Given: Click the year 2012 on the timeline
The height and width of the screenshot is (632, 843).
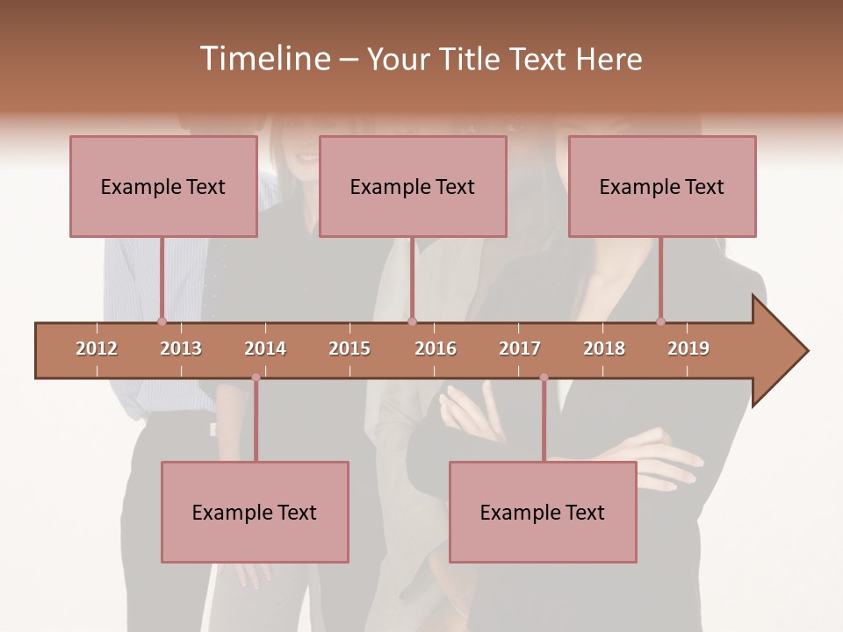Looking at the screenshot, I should (97, 348).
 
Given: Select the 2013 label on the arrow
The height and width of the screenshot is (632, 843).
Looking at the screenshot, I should (181, 348).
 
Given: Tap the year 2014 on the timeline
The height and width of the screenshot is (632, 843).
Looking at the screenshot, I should (265, 348).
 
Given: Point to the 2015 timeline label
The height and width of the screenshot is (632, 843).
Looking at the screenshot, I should (349, 348).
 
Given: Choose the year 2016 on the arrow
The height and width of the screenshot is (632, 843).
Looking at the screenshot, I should (436, 348).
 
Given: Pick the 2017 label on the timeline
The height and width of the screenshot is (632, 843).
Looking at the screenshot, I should (520, 348).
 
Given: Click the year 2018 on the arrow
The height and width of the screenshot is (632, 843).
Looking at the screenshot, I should (604, 348).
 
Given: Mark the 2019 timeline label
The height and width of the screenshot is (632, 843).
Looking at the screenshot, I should (688, 348).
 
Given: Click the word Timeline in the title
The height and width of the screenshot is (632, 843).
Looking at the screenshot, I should (263, 59).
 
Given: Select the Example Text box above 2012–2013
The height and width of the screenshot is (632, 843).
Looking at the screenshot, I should (163, 186).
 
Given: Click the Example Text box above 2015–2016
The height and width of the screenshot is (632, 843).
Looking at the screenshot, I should (413, 186).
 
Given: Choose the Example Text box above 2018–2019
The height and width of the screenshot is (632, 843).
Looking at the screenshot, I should (662, 186).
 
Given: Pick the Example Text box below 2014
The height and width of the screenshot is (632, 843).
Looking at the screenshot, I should (255, 512).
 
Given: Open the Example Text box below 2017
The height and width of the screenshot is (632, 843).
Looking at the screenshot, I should (543, 512).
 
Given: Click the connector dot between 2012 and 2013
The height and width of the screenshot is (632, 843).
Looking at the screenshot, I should (162, 321).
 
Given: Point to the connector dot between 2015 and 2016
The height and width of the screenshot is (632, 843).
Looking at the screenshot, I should (413, 321).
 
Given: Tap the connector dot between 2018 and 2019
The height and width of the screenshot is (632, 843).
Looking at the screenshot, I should (660, 321).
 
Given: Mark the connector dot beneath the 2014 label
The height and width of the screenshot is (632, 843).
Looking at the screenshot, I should (256, 377).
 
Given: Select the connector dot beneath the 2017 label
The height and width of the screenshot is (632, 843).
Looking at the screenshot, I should (544, 377).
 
